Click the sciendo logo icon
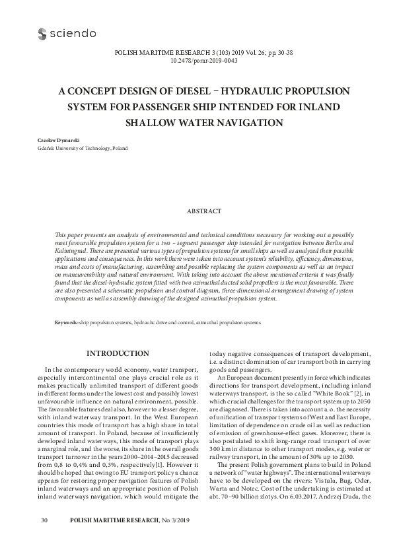[x=43, y=33]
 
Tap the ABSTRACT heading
[x=204, y=211]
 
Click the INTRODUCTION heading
[x=118, y=353]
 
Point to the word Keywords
[x=66, y=322]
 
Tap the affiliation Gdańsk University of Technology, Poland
[x=73, y=149]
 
